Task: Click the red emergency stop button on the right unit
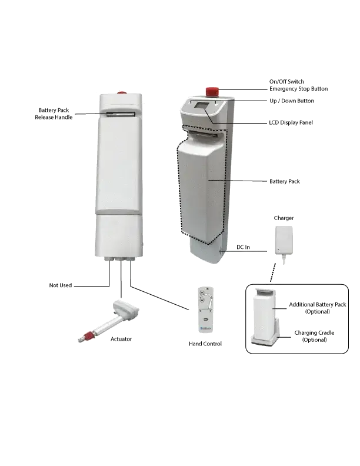click(212, 92)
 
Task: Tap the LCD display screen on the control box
click(203, 105)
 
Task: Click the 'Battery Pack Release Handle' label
click(54, 114)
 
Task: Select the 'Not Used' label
click(61, 285)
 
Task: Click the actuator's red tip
click(88, 337)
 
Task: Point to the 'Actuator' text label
click(121, 339)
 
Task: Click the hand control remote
click(205, 309)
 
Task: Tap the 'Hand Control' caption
click(205, 344)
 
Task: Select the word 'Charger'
click(284, 218)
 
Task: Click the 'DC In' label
click(243, 247)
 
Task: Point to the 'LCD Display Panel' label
click(291, 123)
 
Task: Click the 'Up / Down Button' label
click(292, 101)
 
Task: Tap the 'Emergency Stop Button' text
click(298, 89)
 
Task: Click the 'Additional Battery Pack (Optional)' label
click(318, 308)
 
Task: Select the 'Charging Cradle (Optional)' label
click(314, 336)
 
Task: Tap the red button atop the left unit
click(121, 92)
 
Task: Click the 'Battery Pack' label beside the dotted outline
click(285, 182)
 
